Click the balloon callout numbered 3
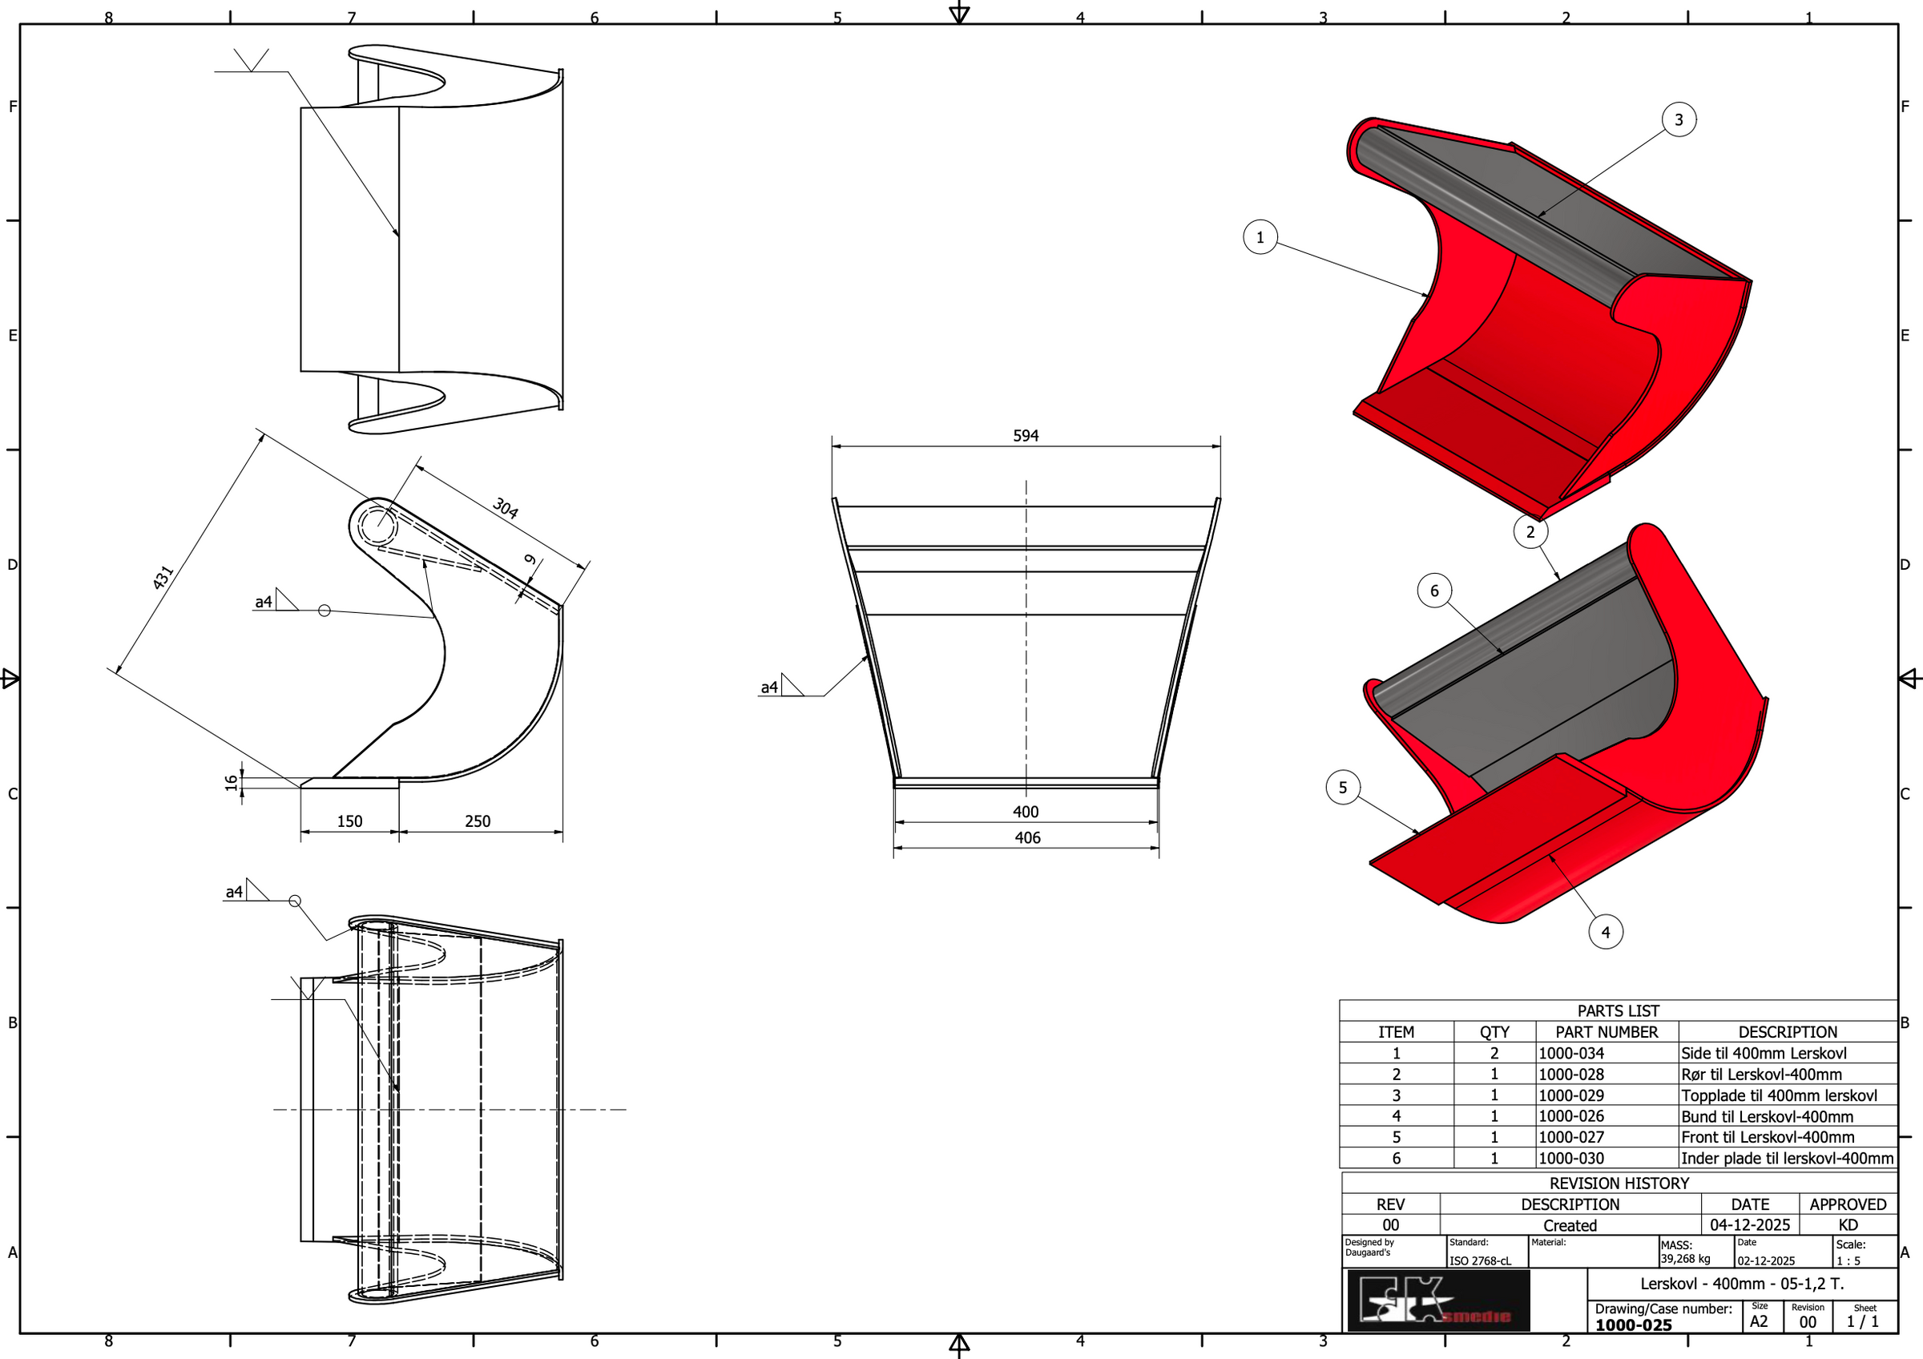[1679, 119]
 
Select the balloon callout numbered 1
[1260, 237]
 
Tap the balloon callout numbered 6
[1434, 591]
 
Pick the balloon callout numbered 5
[1343, 787]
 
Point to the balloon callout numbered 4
[1605, 932]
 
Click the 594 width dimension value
[1025, 435]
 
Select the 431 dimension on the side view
[163, 577]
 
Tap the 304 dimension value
[505, 507]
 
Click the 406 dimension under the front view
[1027, 837]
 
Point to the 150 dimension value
[349, 821]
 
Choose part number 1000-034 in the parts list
[1571, 1054]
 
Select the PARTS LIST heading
[1619, 1010]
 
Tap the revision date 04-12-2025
[1750, 1225]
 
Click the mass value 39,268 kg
[1685, 1259]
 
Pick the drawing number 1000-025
[1633, 1325]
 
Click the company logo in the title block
[1438, 1301]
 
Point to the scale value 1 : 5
[1848, 1260]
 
